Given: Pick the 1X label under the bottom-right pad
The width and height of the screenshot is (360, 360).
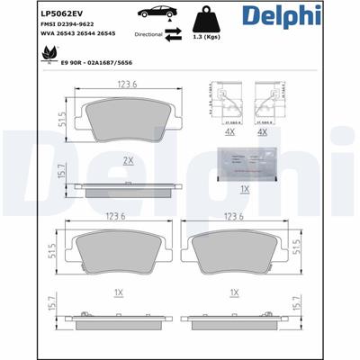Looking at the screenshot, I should tap(233, 293).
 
